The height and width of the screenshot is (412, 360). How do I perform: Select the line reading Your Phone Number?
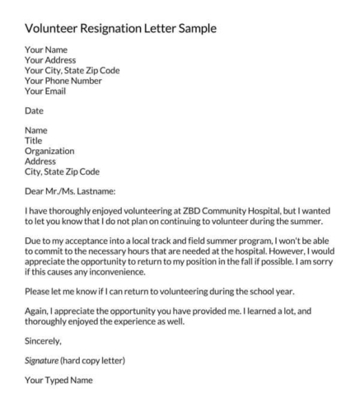63,81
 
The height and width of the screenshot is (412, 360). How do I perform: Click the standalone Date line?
35,110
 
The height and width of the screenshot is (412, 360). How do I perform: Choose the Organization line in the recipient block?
50,151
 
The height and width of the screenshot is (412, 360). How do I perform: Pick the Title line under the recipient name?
34,140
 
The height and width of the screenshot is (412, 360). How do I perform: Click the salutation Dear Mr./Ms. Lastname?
77,191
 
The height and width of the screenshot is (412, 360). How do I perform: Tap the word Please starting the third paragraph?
40,292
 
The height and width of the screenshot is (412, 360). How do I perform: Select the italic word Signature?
47,362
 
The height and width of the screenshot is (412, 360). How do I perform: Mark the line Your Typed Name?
59,382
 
